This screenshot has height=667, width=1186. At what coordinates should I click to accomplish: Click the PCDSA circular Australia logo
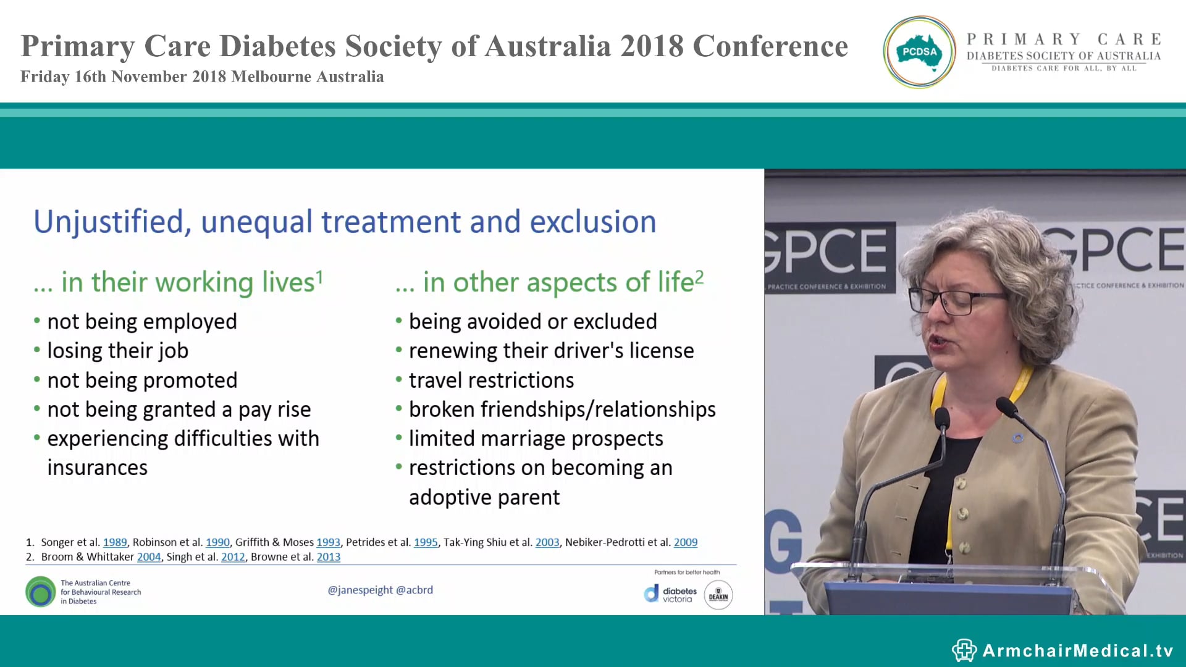(920, 52)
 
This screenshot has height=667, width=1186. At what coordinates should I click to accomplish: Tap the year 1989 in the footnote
(115, 542)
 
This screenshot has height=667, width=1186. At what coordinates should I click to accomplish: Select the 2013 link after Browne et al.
(329, 557)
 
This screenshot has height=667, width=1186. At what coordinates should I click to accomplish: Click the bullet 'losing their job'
(117, 351)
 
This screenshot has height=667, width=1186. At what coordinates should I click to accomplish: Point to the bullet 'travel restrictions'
(491, 380)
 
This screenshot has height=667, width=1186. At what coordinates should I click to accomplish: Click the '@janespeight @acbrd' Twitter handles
(380, 590)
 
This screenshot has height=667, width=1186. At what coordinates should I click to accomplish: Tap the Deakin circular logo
(718, 595)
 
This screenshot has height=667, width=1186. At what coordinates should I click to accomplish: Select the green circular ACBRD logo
(41, 592)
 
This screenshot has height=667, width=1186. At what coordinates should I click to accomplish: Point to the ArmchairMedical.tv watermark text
(1077, 650)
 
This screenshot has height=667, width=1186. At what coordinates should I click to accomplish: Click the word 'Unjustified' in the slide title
(109, 222)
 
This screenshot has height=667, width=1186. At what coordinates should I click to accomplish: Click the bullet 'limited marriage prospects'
(536, 438)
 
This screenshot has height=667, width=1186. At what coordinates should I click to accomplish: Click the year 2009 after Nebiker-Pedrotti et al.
(685, 542)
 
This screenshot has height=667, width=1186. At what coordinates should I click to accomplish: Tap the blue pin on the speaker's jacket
(1017, 438)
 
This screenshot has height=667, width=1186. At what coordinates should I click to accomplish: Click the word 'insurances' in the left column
(98, 468)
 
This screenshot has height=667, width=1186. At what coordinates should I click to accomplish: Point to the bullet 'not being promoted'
(142, 380)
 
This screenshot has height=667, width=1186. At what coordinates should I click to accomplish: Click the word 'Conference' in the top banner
(770, 46)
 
